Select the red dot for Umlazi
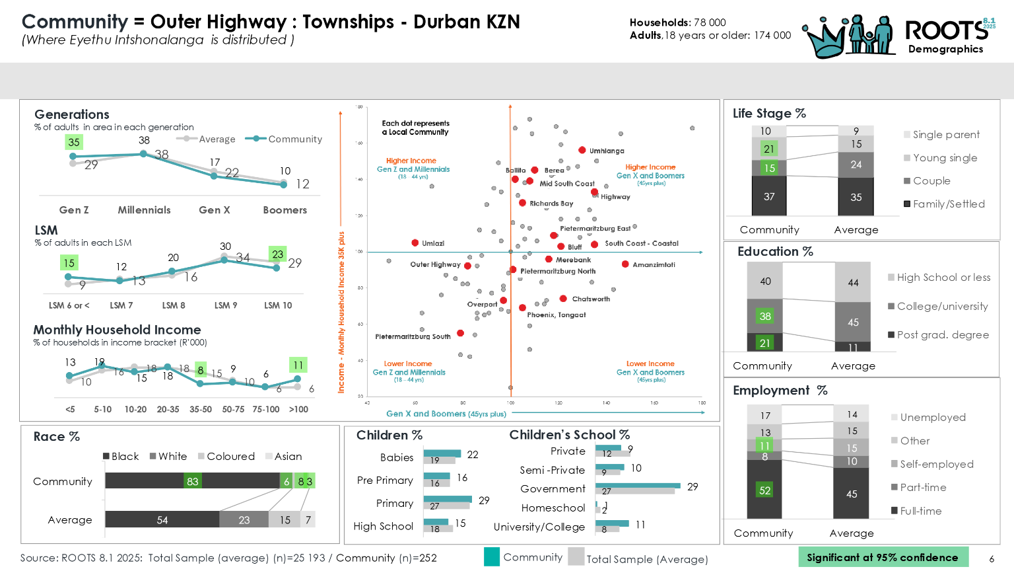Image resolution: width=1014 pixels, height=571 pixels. [x=415, y=243]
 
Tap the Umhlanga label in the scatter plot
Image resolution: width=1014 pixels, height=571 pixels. [x=606, y=151]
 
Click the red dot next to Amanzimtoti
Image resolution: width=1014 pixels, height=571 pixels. [x=625, y=264]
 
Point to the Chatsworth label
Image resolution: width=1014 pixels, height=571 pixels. [x=591, y=299]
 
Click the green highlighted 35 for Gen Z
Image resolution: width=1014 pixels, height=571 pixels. [x=74, y=142]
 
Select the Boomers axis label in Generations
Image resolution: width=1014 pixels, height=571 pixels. [x=285, y=210]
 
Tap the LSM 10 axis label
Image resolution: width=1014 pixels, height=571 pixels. [x=278, y=305]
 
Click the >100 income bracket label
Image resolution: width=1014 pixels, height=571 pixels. [x=298, y=410]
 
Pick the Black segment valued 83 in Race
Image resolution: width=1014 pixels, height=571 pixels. [x=192, y=481]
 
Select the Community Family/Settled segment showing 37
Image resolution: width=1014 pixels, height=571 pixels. [x=769, y=196]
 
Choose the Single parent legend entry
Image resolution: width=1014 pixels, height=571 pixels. [x=945, y=135]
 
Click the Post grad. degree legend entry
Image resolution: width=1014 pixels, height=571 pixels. [x=942, y=335]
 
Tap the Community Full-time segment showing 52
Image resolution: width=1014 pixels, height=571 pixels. [x=764, y=490]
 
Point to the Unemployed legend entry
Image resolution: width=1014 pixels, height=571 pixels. [x=932, y=418]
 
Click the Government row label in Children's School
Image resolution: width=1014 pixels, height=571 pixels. [x=553, y=489]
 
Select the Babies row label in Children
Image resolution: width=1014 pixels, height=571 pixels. [x=397, y=457]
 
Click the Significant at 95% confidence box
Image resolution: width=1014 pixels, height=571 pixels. [x=883, y=557]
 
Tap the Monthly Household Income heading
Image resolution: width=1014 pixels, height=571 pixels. [x=118, y=330]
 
